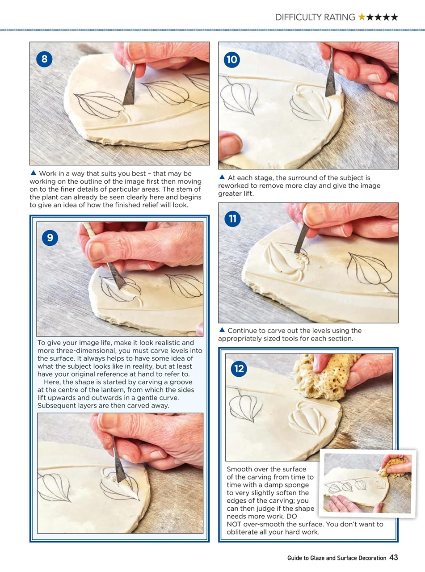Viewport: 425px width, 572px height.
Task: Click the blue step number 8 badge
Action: [x=44, y=59]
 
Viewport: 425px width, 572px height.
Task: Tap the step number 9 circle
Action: [x=50, y=238]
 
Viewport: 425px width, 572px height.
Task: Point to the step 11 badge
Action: [x=232, y=219]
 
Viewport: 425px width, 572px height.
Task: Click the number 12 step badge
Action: [x=239, y=369]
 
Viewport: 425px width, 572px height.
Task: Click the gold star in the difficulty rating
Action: [x=362, y=17]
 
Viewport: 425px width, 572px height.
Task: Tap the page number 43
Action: [x=393, y=557]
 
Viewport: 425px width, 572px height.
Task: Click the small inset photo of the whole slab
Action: [x=367, y=484]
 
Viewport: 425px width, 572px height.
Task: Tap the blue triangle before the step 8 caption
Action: [x=33, y=173]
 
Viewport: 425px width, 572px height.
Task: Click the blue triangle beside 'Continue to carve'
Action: [x=222, y=330]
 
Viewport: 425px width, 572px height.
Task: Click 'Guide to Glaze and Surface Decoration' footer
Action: [x=337, y=558]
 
